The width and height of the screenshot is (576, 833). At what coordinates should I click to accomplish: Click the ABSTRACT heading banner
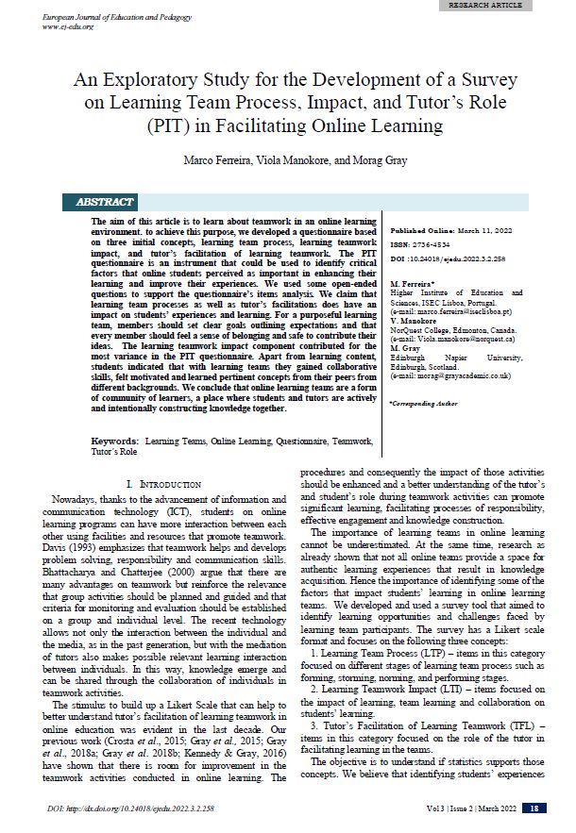click(x=102, y=202)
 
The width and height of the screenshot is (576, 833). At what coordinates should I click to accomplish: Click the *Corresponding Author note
click(x=421, y=404)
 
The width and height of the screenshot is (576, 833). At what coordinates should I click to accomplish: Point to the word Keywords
click(x=116, y=441)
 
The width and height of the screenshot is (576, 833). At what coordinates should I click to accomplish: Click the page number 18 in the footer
click(x=534, y=808)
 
